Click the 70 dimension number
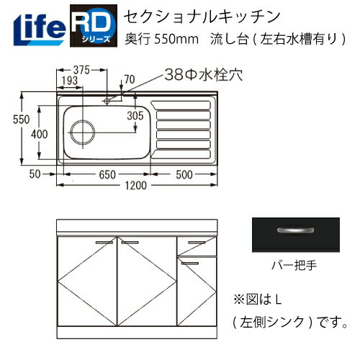click(129, 80)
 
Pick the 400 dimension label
click(41, 133)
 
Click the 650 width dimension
click(105, 174)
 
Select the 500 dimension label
click(184, 174)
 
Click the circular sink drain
click(83, 133)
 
